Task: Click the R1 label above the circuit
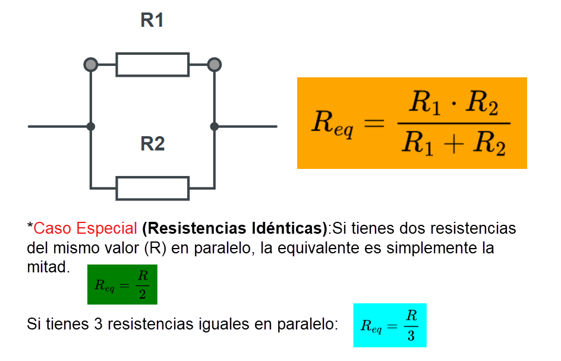point(152,20)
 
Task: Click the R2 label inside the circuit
point(152,144)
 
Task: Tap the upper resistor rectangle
point(152,64)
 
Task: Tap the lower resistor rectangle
point(152,188)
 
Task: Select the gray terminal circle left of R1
point(90,64)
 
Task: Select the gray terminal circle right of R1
point(215,64)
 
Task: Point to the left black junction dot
point(90,126)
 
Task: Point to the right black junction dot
point(215,126)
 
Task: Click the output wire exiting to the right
point(247,126)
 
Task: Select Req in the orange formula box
point(332,124)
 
